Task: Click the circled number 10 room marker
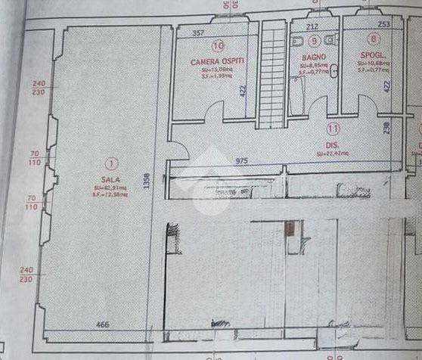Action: point(218,45)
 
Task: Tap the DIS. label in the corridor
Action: point(331,144)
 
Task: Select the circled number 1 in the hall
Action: point(111,162)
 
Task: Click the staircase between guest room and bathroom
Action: point(272,74)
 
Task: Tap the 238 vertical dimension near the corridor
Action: point(386,129)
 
